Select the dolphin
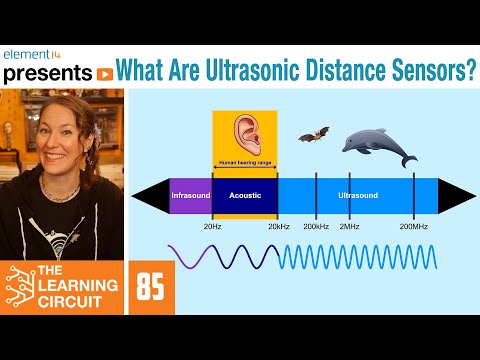click(x=378, y=147)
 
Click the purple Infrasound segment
click(x=190, y=195)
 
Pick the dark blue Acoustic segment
click(x=244, y=195)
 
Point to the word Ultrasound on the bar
click(x=358, y=195)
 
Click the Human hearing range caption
click(x=244, y=162)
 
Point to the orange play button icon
click(x=103, y=73)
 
